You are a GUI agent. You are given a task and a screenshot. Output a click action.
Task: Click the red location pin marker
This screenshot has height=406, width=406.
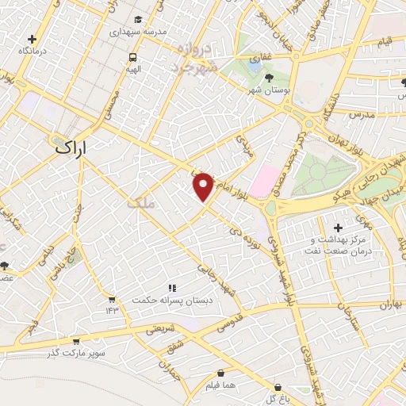(204, 186)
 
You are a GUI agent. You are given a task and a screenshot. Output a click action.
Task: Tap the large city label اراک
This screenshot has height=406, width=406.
(75, 147)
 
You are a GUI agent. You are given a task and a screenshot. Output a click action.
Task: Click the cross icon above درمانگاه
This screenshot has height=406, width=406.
(32, 38)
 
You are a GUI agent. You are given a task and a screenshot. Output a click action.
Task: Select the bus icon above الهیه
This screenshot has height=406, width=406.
(132, 57)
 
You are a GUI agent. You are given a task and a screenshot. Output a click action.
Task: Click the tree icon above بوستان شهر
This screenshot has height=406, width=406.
(269, 78)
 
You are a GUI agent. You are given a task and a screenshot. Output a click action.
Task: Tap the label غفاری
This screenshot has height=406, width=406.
(259, 58)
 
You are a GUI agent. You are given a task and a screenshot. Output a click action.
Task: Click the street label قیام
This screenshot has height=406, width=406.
(385, 40)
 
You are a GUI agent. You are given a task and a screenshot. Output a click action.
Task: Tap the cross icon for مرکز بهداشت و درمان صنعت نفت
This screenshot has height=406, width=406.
(339, 228)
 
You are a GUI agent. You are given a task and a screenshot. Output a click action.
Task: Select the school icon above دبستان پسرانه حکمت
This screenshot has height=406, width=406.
(170, 289)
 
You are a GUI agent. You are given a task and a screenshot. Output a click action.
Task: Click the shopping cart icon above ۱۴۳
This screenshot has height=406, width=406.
(112, 300)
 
